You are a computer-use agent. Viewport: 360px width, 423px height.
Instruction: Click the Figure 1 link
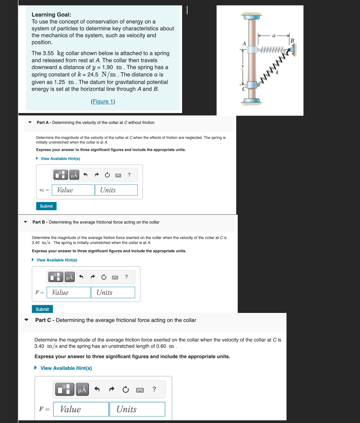[103, 102]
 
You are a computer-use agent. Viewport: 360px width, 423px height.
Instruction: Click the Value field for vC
[73, 190]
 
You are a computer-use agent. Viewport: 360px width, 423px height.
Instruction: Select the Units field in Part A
[116, 190]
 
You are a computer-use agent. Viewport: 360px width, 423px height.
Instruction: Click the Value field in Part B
[68, 292]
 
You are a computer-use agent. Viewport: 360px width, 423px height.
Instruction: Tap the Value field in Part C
[81, 409]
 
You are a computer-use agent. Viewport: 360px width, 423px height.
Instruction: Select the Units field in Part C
[137, 409]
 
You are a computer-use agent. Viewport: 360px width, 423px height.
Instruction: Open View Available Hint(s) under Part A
[60, 159]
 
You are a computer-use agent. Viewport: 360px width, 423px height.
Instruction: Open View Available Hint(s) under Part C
[66, 368]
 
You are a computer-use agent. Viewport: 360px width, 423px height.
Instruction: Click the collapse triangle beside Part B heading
[26, 222]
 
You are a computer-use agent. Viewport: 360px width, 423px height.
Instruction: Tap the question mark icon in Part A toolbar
[129, 175]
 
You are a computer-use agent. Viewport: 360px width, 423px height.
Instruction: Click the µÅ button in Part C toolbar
[82, 390]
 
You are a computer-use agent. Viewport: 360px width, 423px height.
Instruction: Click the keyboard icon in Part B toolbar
[115, 278]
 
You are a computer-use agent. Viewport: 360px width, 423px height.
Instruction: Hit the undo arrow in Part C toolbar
[97, 389]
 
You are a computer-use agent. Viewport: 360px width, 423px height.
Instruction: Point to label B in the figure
[292, 40]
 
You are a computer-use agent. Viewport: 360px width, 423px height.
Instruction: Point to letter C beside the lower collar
[244, 89]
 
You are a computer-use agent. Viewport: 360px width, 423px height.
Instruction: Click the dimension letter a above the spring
[274, 36]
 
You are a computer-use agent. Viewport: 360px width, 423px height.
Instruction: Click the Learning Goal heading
[51, 15]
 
